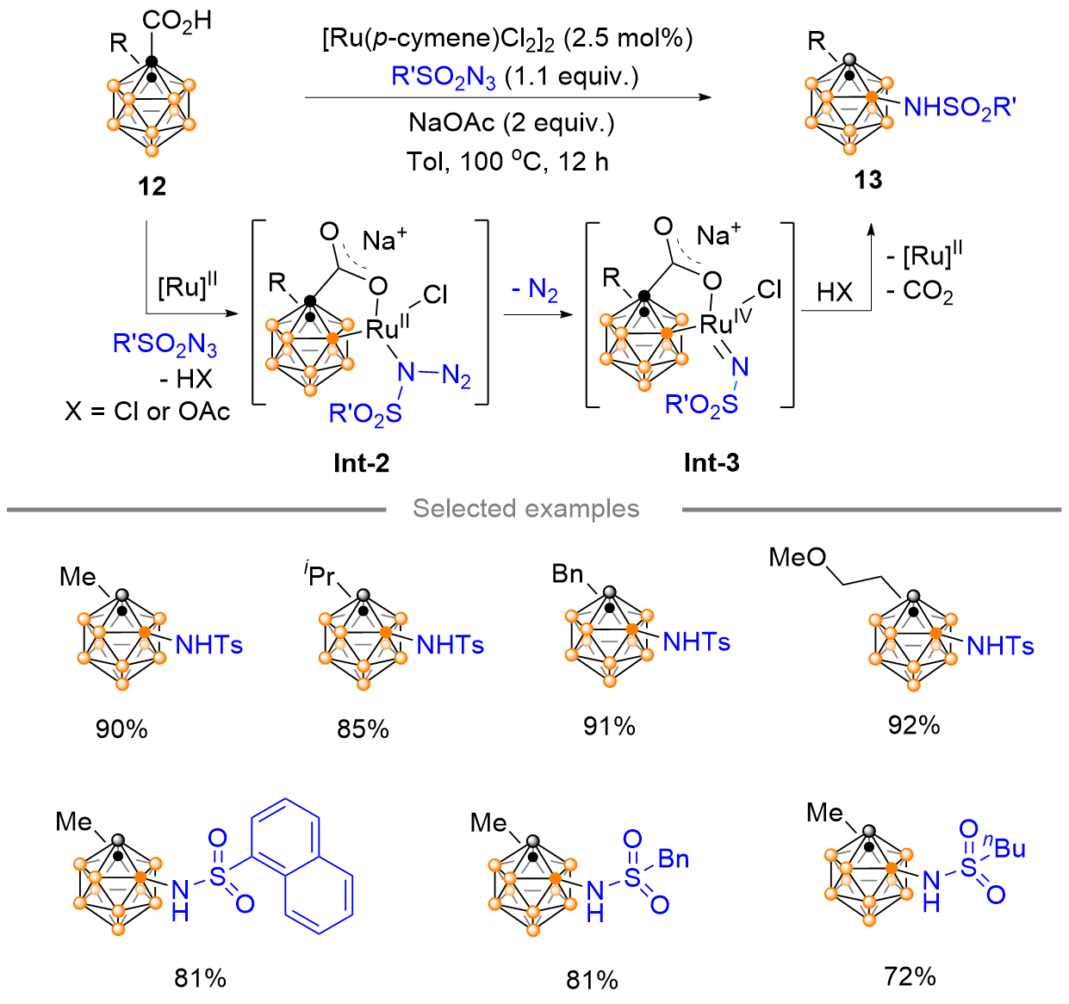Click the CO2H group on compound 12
click(x=177, y=22)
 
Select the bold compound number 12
click(x=152, y=186)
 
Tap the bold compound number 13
click(x=867, y=180)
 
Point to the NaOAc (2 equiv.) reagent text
click(x=511, y=123)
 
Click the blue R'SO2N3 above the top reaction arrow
click(x=444, y=77)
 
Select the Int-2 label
click(x=361, y=463)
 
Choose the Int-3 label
click(x=712, y=462)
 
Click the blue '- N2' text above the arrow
click(x=534, y=290)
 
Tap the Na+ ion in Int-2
click(x=384, y=239)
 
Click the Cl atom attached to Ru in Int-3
click(x=769, y=289)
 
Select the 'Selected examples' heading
click(x=525, y=509)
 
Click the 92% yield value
click(x=914, y=725)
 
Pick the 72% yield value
click(x=910, y=976)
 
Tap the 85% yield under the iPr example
click(x=363, y=729)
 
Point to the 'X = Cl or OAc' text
click(x=147, y=412)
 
